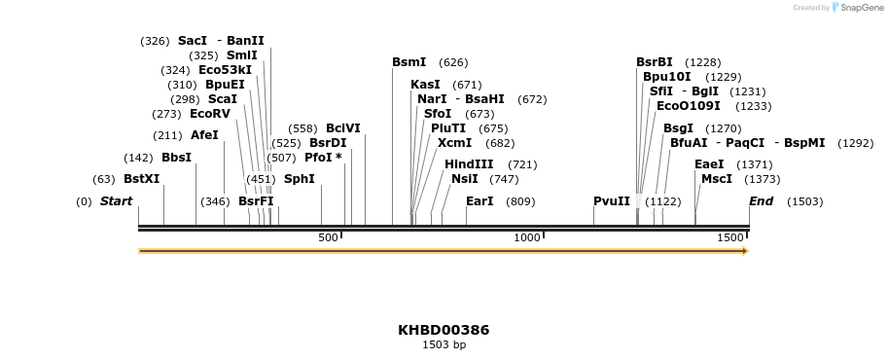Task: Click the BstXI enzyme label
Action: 141,179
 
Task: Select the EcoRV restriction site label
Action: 210,114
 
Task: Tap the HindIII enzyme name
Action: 469,164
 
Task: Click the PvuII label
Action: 612,201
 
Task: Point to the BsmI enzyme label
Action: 408,62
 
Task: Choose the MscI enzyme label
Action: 717,179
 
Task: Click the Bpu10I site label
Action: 666,77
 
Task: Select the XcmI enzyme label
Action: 454,143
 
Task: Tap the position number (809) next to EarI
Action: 520,201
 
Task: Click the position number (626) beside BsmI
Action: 453,62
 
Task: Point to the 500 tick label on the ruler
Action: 328,237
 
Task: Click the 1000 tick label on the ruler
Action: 526,237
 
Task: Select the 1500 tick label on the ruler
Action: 729,237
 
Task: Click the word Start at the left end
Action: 116,201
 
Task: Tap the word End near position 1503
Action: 761,201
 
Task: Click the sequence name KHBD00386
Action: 444,330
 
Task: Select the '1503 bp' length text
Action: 444,344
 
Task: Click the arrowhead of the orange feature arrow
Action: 745,251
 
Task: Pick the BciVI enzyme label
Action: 342,128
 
